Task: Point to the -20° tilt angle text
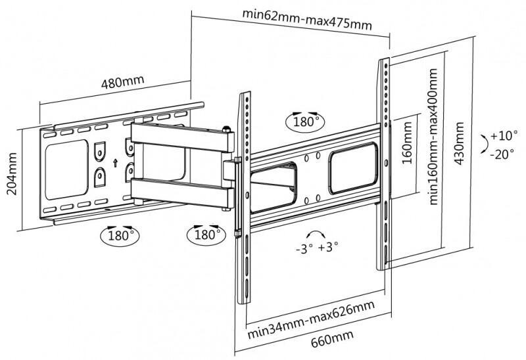[x=503, y=155]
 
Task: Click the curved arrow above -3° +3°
[x=315, y=235]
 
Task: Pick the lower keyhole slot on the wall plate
[x=100, y=176]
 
